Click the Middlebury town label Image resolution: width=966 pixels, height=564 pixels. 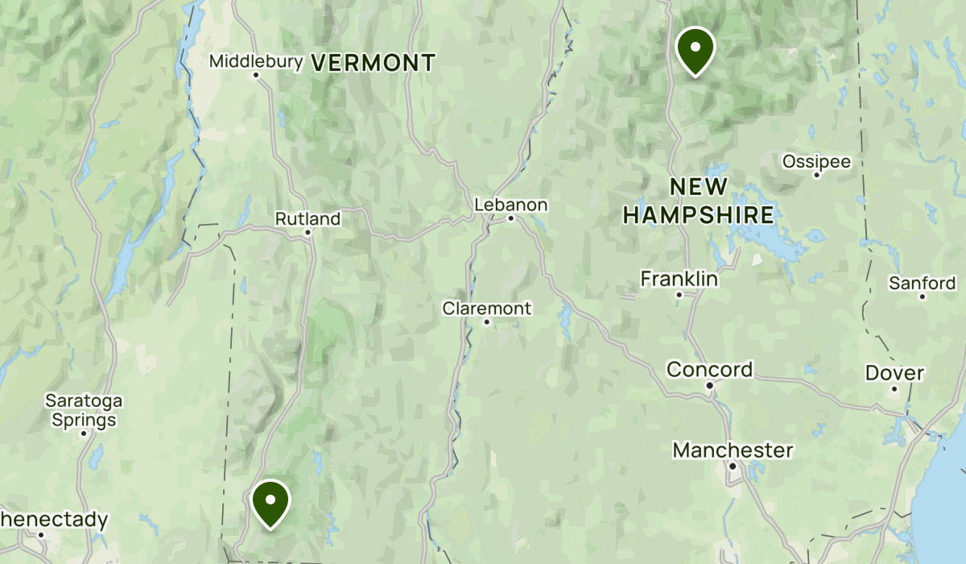(256, 61)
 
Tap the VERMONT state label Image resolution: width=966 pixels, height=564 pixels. (373, 62)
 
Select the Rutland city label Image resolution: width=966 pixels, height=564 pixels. (308, 218)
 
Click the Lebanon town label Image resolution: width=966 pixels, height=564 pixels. (510, 205)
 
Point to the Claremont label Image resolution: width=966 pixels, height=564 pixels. (487, 308)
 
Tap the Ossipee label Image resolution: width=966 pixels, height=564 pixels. (816, 162)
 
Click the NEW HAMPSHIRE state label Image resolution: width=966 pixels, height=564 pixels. (699, 201)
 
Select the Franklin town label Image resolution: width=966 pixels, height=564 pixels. (679, 279)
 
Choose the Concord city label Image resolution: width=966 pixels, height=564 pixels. (710, 370)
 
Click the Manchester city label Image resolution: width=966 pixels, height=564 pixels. (733, 450)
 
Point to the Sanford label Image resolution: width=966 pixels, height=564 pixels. (922, 283)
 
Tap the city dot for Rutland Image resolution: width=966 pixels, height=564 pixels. (308, 233)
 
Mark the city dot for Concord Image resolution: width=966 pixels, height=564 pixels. (710, 385)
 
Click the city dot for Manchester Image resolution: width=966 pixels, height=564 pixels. (733, 465)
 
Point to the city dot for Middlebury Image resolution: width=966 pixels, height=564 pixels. (256, 76)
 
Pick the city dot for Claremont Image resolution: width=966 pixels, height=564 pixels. (487, 322)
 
